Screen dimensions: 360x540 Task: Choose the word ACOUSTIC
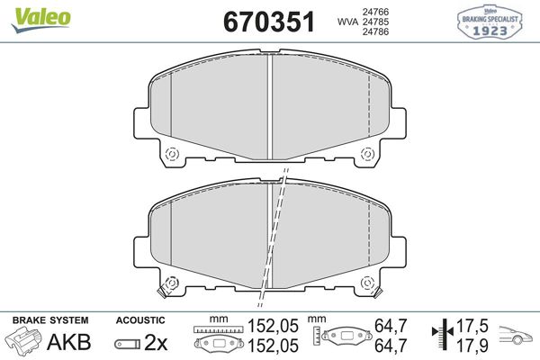tap(140, 320)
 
